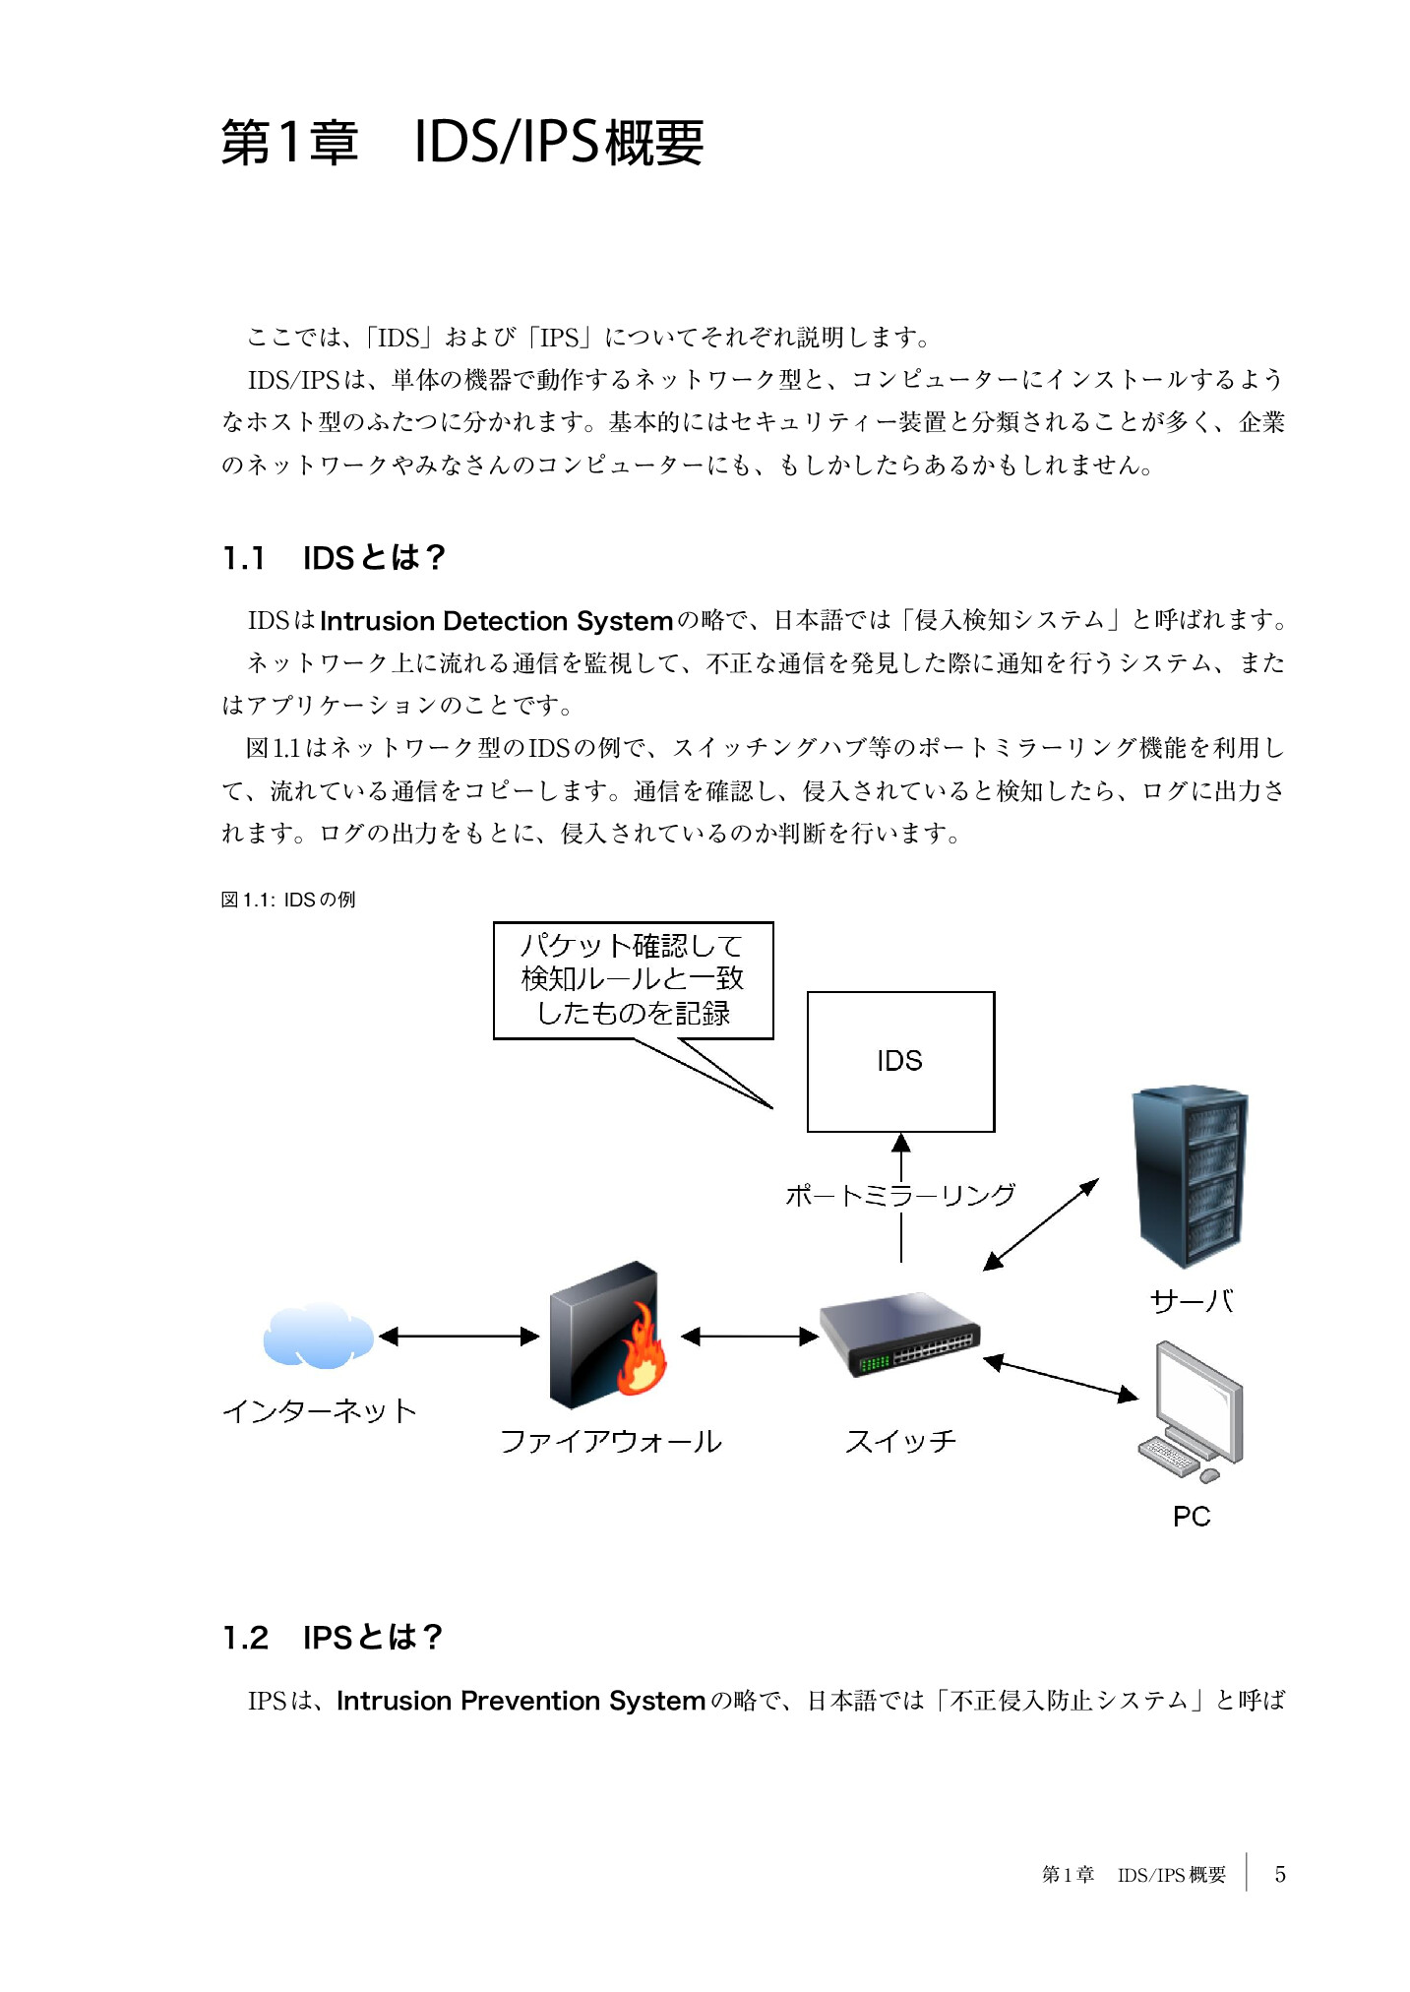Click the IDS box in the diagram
(x=899, y=1061)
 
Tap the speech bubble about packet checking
(x=633, y=979)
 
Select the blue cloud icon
(x=317, y=1336)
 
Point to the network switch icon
(x=899, y=1335)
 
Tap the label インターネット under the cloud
(x=320, y=1410)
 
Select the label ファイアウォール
(x=610, y=1442)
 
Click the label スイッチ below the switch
(x=900, y=1442)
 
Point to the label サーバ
(x=1192, y=1301)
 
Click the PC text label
(x=1191, y=1517)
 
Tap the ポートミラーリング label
(x=899, y=1195)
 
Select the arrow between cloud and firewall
(x=459, y=1336)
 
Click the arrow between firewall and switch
(x=749, y=1336)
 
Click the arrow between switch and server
(x=1041, y=1224)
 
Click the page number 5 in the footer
(x=1279, y=1874)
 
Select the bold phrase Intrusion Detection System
(x=496, y=621)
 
